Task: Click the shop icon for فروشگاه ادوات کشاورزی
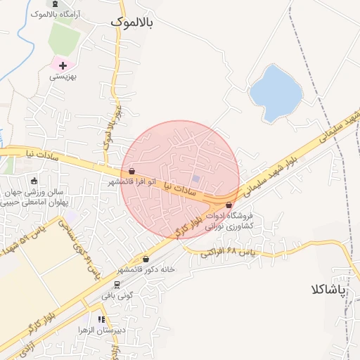(229, 205)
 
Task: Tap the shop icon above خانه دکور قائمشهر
(146, 259)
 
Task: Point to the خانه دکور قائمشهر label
(148, 269)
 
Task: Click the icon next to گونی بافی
(117, 284)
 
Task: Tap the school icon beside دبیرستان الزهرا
(103, 319)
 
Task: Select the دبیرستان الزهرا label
(122, 329)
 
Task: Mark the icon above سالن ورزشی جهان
(34, 181)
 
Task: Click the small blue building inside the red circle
(196, 179)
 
